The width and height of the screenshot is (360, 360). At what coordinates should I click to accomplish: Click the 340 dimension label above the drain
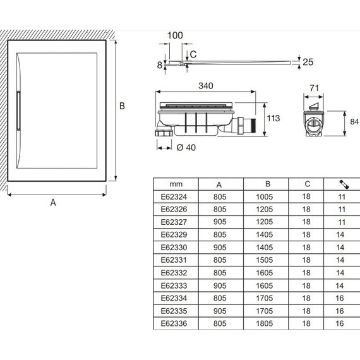tap(206, 86)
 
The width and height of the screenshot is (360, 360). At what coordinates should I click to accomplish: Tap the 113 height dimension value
tap(273, 118)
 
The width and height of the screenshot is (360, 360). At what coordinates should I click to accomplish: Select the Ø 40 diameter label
tap(186, 147)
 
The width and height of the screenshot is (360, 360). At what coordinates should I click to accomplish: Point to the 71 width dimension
tap(315, 88)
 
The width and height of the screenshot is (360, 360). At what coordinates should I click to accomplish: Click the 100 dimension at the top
tap(175, 35)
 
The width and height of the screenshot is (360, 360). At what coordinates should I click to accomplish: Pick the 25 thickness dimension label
tap(308, 62)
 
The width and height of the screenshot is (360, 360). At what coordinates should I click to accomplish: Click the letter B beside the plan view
tap(122, 106)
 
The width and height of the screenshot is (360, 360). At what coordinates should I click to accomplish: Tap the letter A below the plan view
tap(53, 203)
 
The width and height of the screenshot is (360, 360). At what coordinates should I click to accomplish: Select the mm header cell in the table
tap(176, 184)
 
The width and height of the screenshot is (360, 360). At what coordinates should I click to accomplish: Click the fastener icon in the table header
tap(344, 184)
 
